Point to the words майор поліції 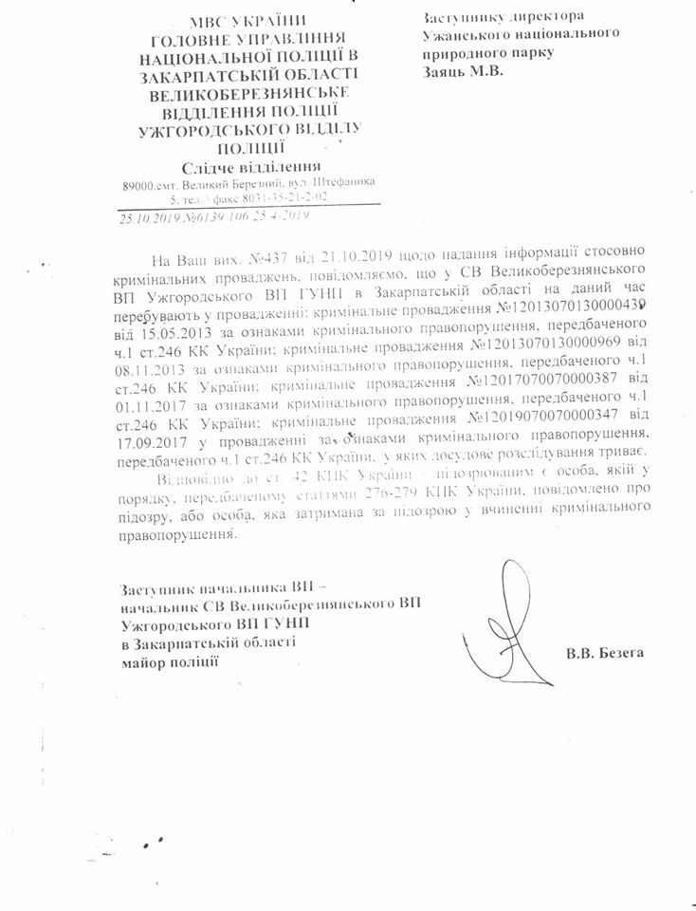171,660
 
